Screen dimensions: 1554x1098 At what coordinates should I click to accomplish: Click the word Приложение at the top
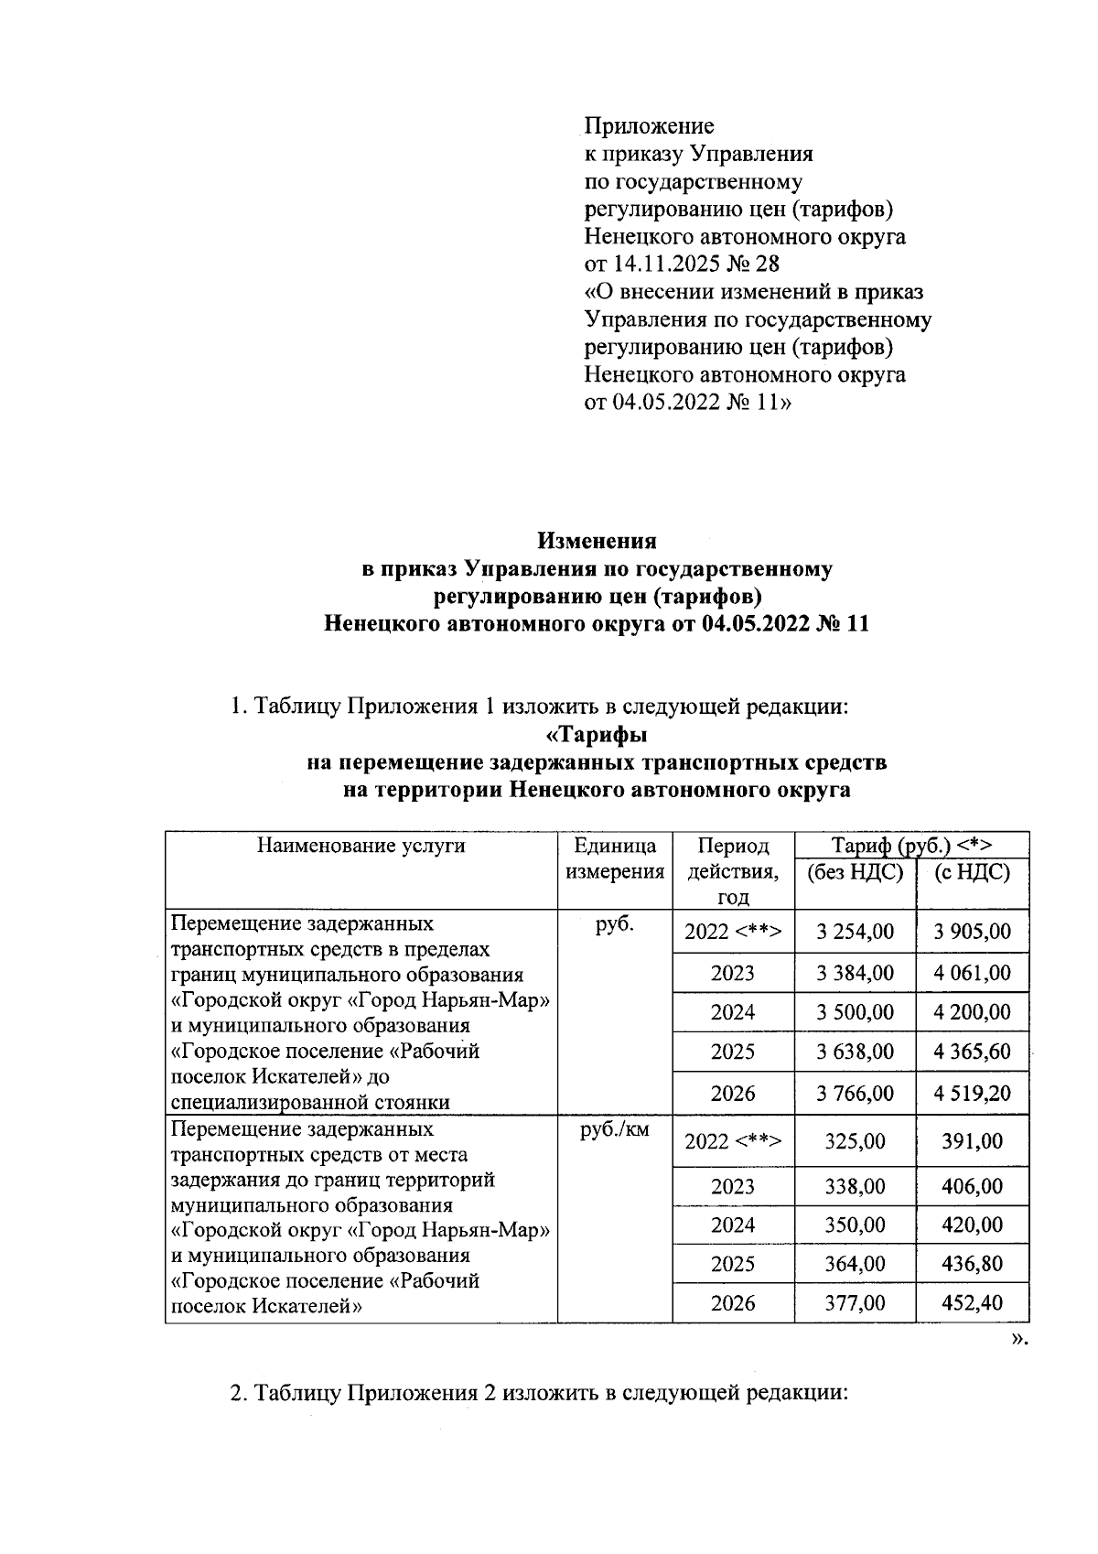649,125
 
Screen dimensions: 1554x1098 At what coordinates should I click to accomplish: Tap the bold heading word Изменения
597,541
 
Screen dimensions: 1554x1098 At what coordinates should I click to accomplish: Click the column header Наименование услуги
361,846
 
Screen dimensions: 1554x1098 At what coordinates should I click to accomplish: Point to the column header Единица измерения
615,858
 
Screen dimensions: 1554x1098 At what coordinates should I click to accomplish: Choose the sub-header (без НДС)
855,872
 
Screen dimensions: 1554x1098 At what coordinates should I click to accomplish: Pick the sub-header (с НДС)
972,872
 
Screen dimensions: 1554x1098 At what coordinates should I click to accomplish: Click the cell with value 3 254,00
855,932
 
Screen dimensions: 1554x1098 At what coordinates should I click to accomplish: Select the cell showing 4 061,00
972,972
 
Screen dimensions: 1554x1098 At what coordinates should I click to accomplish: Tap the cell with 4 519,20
972,1094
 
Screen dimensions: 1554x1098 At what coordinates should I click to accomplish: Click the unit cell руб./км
615,1129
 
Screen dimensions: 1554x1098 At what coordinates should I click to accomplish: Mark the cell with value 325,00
855,1141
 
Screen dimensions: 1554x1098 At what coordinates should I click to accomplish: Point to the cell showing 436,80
972,1264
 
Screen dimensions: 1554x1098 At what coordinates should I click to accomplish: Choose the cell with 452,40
972,1302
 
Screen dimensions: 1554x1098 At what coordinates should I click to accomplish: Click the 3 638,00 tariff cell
855,1052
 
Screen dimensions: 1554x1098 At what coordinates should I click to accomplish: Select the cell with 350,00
855,1225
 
